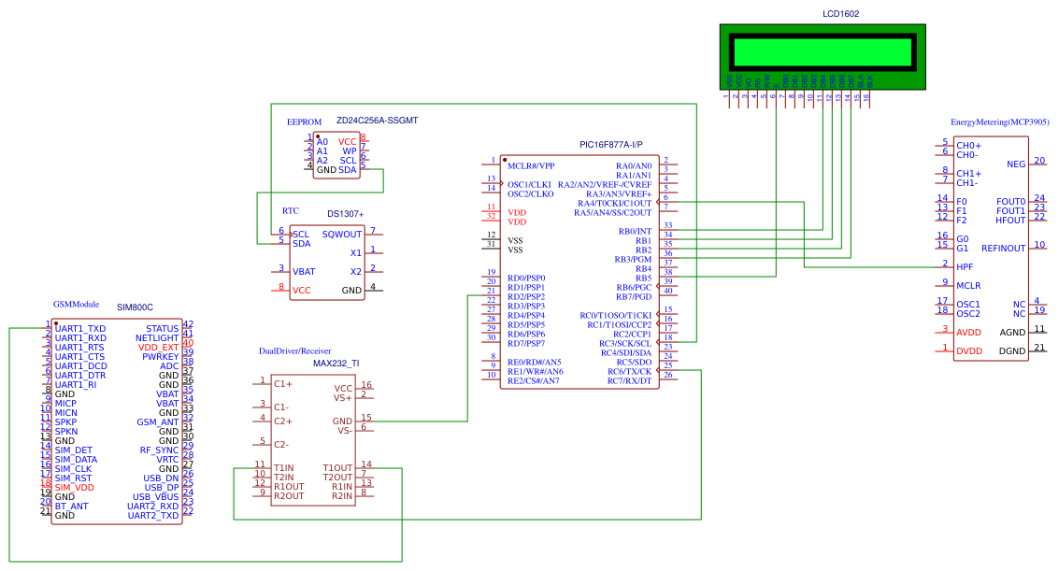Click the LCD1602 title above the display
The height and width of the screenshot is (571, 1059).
pos(840,14)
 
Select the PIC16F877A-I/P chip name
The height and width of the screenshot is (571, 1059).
pos(611,145)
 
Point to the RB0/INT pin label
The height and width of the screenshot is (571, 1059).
pos(635,231)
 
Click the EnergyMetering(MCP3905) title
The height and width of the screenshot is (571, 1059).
pos(999,122)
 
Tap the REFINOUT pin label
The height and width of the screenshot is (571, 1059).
pos(1003,248)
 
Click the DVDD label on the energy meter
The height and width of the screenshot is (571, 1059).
pos(969,350)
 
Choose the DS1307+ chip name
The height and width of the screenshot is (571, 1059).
pos(345,214)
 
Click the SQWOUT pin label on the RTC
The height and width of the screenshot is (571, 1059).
pos(341,235)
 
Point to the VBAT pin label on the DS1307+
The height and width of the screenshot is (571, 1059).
pos(304,272)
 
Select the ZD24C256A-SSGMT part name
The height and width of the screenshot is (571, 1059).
pos(377,121)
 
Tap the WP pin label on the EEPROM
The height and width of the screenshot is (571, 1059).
pos(350,150)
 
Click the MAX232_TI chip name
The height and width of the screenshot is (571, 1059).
pos(336,363)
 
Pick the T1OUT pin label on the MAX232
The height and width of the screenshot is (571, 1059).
pos(337,468)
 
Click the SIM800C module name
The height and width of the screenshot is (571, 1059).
pos(135,307)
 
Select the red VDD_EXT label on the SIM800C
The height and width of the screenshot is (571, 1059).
pos(158,347)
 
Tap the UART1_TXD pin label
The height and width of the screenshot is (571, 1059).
pos(80,329)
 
